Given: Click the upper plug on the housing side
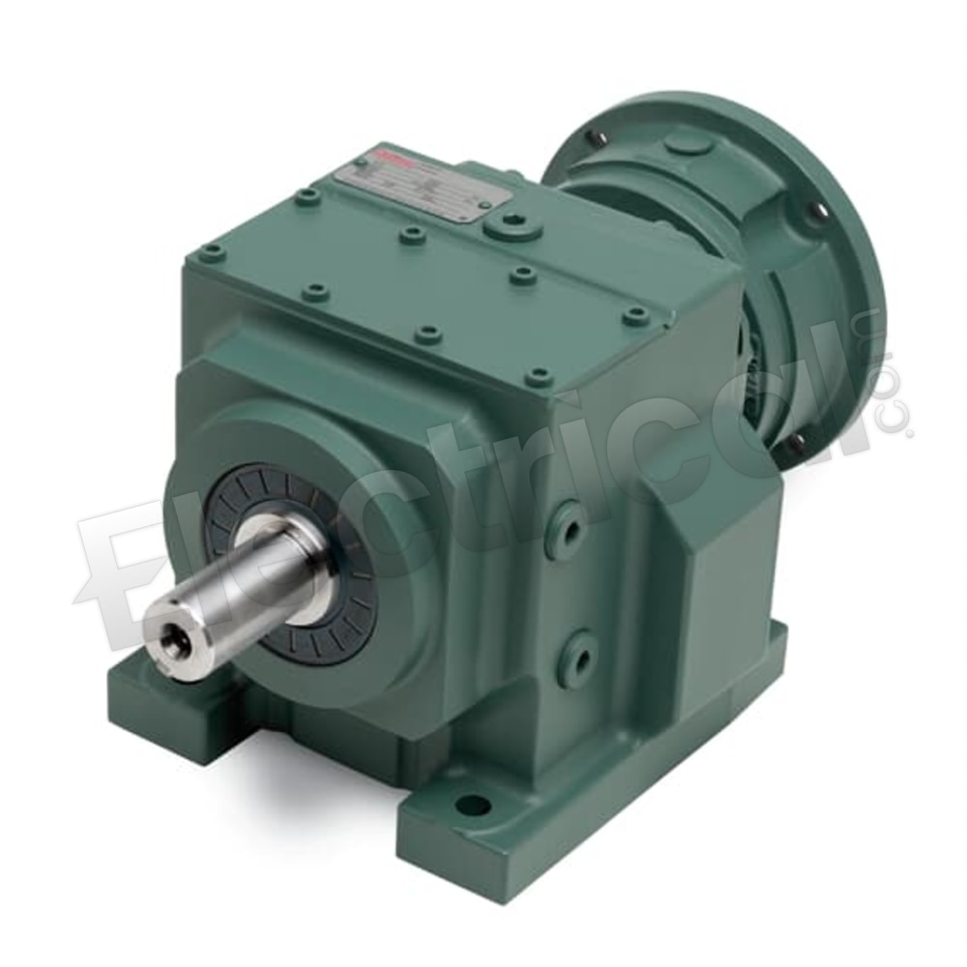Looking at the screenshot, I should point(571,531).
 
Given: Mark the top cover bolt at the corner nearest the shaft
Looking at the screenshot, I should point(212,253).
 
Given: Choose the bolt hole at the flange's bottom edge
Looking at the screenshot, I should point(797,443).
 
